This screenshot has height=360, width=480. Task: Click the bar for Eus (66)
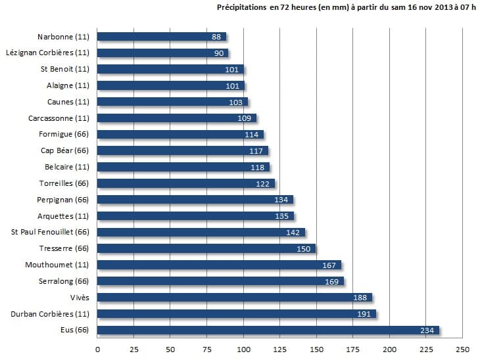268,330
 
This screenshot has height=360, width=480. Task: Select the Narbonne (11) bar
162,37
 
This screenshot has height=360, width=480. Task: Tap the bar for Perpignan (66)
195,200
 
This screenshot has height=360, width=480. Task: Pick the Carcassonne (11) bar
177,118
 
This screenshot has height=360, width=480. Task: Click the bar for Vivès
235,298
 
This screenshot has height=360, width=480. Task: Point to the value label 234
428,330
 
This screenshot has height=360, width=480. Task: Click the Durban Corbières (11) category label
50,314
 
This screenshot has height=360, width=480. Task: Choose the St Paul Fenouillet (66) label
50,232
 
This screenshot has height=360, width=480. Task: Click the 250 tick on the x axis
463,349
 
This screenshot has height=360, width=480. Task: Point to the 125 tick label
280,349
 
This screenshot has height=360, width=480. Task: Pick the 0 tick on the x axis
98,349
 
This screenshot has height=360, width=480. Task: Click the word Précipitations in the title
241,8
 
